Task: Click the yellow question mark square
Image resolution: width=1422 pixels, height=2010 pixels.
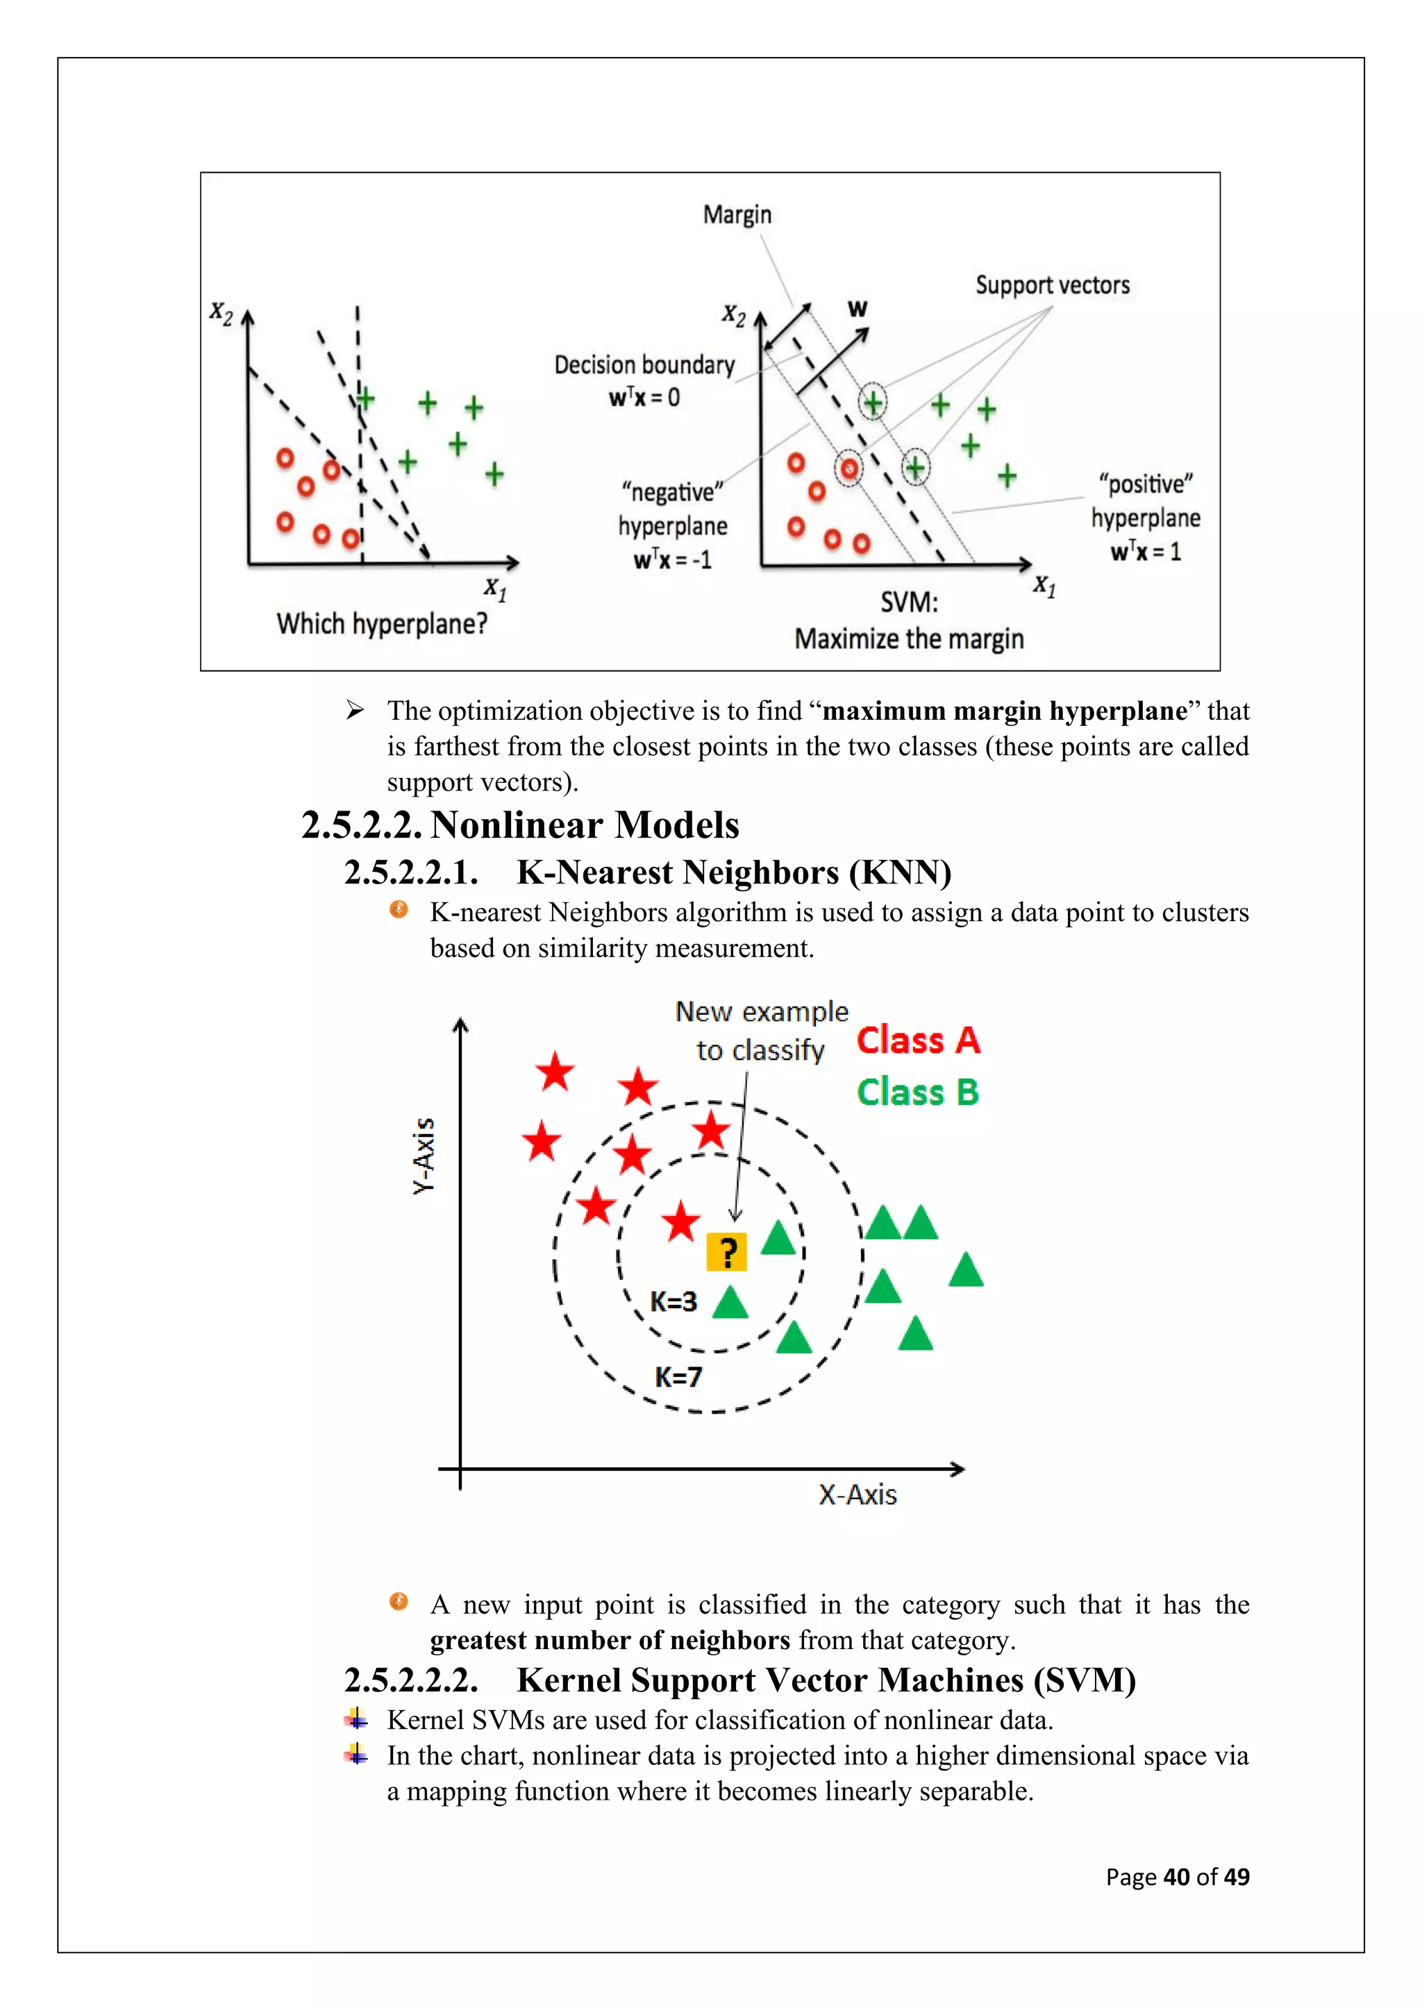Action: pyautogui.click(x=726, y=1252)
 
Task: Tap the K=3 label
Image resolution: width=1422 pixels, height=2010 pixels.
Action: pyautogui.click(x=673, y=1302)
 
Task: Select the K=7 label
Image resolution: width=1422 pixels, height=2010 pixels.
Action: pyautogui.click(x=678, y=1377)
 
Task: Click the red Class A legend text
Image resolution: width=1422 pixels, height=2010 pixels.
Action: pyautogui.click(x=918, y=1041)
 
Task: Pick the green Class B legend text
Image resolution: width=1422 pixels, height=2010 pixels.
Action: pyautogui.click(x=917, y=1092)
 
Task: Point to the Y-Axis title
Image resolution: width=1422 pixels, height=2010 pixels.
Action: pyautogui.click(x=424, y=1155)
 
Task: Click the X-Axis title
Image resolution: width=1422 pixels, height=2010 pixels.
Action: pyautogui.click(x=858, y=1494)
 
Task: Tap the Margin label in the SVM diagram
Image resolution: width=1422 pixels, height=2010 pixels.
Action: pyautogui.click(x=737, y=214)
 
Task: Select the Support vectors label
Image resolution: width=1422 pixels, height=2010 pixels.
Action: pyautogui.click(x=1053, y=285)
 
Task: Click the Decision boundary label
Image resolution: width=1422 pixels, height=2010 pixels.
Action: pyautogui.click(x=644, y=365)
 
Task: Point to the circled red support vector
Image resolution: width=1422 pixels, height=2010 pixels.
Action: pyautogui.click(x=848, y=468)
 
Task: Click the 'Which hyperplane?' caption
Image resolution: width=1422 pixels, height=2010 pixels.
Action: pyautogui.click(x=382, y=624)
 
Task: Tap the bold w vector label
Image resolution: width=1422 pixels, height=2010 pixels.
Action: pyautogui.click(x=858, y=308)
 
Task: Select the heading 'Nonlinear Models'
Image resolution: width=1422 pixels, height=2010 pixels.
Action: pyautogui.click(x=585, y=825)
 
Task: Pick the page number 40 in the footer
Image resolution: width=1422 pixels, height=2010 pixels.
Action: pyautogui.click(x=1176, y=1877)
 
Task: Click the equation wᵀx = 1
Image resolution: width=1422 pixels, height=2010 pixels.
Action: pyautogui.click(x=1145, y=552)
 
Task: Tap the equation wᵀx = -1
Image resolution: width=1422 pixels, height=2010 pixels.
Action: pyautogui.click(x=673, y=559)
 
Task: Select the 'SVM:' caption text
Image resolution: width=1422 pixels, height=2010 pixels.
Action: pyautogui.click(x=909, y=602)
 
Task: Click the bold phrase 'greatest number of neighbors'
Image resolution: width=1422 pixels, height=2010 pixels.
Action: pyautogui.click(x=610, y=1639)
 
